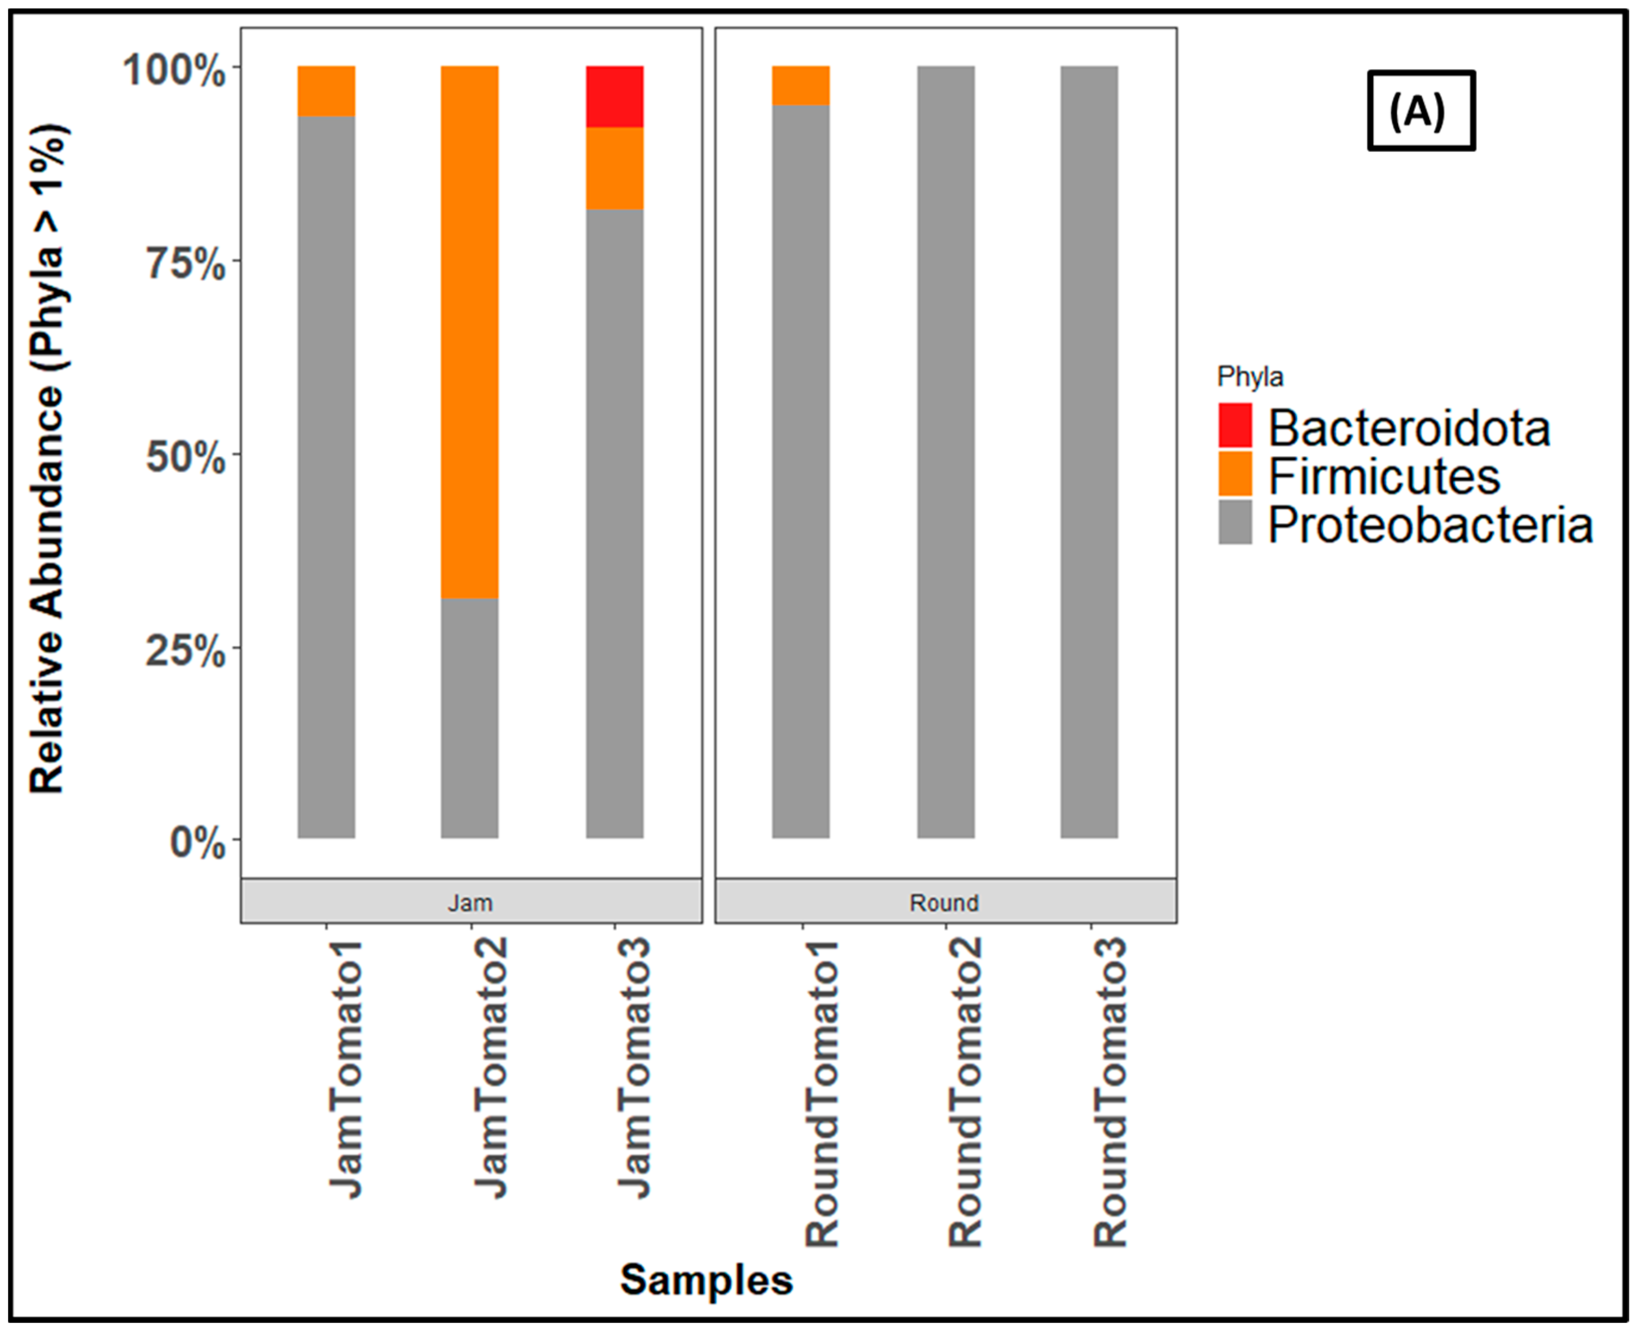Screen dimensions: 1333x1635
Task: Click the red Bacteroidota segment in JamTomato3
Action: pyautogui.click(x=615, y=97)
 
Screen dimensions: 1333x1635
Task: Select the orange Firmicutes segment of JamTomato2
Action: pyautogui.click(x=469, y=332)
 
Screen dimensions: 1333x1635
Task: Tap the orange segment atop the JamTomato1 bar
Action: pyautogui.click(x=326, y=91)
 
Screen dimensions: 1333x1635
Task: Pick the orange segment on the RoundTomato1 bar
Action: pyautogui.click(x=800, y=85)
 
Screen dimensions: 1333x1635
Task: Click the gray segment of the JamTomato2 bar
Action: pyautogui.click(x=469, y=718)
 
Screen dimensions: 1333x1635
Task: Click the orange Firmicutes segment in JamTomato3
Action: pyautogui.click(x=615, y=168)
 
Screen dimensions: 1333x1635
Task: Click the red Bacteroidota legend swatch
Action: pyautogui.click(x=1234, y=425)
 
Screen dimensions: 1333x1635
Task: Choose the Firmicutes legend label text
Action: pyautogui.click(x=1383, y=476)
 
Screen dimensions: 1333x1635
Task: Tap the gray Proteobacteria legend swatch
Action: pyautogui.click(x=1234, y=523)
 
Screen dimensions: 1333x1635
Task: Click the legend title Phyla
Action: pyautogui.click(x=1249, y=377)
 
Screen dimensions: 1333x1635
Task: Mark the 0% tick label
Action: pyautogui.click(x=196, y=842)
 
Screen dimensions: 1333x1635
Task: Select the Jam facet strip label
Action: pyautogui.click(x=470, y=902)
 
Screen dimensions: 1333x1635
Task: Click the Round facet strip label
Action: pyautogui.click(x=944, y=902)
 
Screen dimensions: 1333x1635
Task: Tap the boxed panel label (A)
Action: pyautogui.click(x=1420, y=111)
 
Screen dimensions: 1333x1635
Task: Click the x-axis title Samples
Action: pyautogui.click(x=706, y=1279)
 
